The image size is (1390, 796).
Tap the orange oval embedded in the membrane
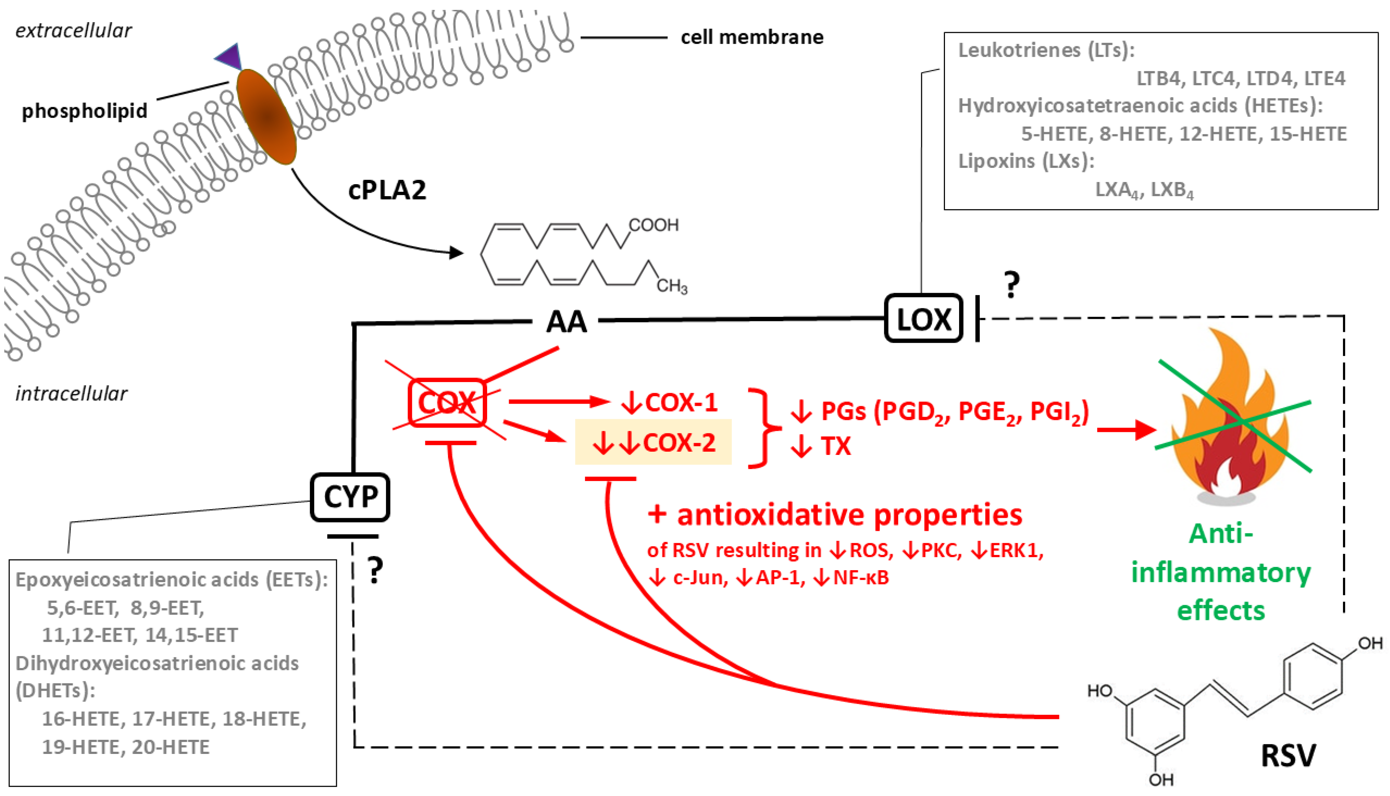pyautogui.click(x=266, y=116)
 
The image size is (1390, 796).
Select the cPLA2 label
pyautogui.click(x=387, y=190)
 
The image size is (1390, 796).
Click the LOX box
pyautogui.click(x=923, y=318)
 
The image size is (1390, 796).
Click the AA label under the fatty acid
pyautogui.click(x=566, y=321)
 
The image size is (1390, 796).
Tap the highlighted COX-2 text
pyautogui.click(x=654, y=442)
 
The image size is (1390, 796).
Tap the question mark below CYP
pyautogui.click(x=375, y=571)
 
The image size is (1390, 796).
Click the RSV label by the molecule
pyautogui.click(x=1288, y=756)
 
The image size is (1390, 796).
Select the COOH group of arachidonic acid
pyautogui.click(x=653, y=225)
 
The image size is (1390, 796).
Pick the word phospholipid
pyautogui.click(x=85, y=111)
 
